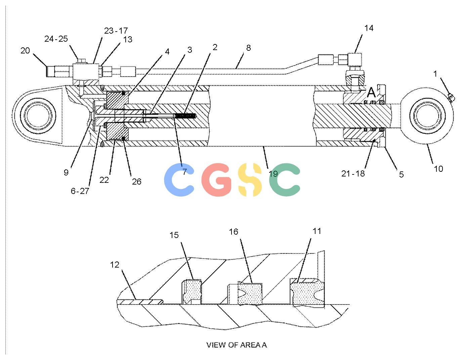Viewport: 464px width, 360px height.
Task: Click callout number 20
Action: [25, 51]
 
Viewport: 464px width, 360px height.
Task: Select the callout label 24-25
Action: [56, 39]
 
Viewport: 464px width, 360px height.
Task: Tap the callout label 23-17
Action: [116, 31]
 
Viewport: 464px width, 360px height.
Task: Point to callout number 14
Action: [369, 28]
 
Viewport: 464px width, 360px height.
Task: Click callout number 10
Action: [438, 169]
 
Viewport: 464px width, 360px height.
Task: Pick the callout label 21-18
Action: [353, 173]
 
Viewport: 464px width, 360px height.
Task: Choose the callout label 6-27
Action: [80, 191]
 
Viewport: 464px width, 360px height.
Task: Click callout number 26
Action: [137, 182]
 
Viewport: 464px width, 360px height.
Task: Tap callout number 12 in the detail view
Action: [115, 265]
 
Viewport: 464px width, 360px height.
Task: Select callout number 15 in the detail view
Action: [174, 235]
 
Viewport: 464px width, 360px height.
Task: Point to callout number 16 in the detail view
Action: [234, 232]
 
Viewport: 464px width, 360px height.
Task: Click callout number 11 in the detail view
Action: [317, 231]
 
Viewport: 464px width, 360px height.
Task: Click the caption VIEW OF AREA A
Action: [237, 345]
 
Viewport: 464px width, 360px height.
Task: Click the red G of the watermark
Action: [216, 180]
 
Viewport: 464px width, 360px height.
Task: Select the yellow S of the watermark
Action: [250, 180]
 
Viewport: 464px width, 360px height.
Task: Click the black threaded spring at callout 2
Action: [185, 116]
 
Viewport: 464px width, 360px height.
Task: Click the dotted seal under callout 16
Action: [250, 293]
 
